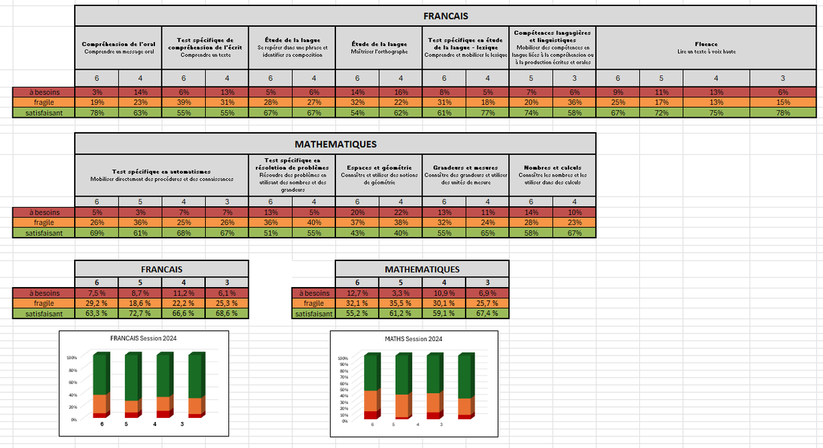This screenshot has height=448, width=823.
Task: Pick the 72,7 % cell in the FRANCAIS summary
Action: (x=140, y=313)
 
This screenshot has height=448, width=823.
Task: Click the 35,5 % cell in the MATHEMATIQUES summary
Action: (x=400, y=303)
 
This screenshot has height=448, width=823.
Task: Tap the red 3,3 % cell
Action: (x=400, y=293)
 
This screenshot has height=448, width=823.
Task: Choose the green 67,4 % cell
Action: (x=487, y=313)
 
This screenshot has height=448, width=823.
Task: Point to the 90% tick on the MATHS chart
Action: (x=344, y=364)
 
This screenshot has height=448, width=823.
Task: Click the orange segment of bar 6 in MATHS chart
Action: (x=371, y=401)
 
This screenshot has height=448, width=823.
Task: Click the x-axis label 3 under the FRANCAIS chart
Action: (x=182, y=425)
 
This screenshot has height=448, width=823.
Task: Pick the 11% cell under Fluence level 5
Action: (x=660, y=91)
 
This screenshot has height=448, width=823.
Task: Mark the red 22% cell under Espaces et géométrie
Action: (x=401, y=212)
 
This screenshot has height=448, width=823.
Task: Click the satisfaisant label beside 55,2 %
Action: (x=313, y=313)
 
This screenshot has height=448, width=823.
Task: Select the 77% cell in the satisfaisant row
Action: (x=488, y=112)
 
